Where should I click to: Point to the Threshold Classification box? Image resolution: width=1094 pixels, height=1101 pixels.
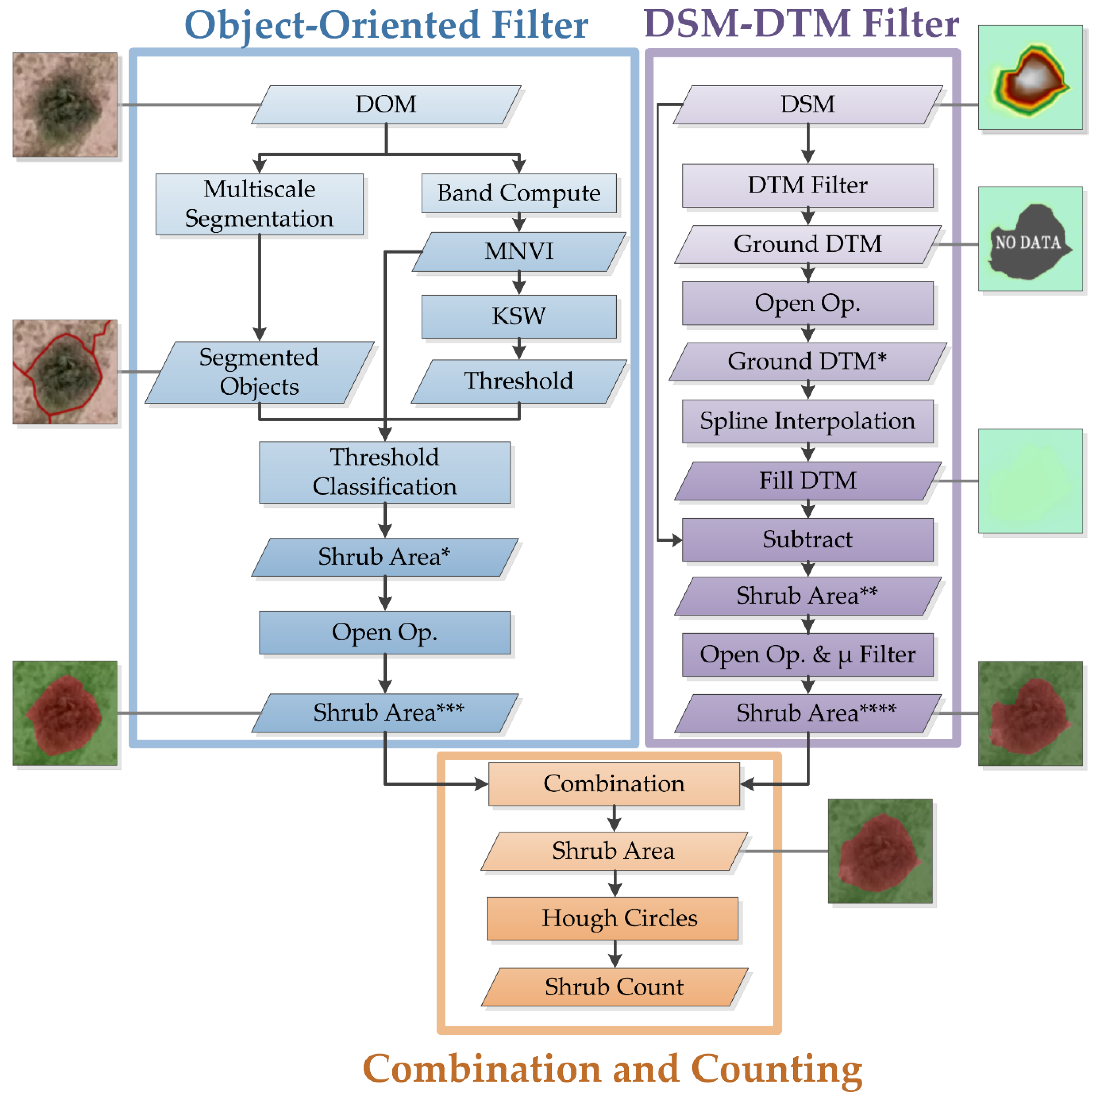(385, 472)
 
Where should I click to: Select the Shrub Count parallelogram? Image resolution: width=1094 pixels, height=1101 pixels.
(614, 986)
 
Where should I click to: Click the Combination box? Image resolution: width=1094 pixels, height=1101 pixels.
(614, 784)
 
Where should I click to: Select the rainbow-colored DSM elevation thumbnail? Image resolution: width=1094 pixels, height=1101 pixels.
(1030, 77)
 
